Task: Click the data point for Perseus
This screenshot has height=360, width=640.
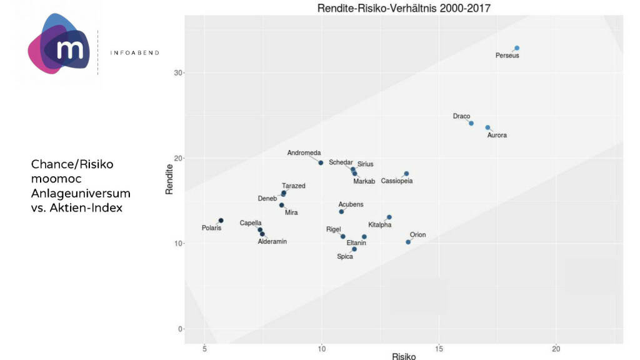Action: click(x=517, y=48)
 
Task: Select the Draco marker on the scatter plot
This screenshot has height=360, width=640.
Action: click(x=471, y=123)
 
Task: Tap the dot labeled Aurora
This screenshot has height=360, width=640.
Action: click(x=487, y=127)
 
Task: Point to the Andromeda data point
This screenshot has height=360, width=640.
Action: click(x=321, y=162)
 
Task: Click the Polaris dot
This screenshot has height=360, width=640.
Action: click(x=221, y=221)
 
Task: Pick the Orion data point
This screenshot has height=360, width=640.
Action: click(x=408, y=242)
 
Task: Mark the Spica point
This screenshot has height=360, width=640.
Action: click(x=354, y=249)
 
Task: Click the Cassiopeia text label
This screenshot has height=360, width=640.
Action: click(x=396, y=181)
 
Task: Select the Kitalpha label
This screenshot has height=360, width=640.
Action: click(x=380, y=224)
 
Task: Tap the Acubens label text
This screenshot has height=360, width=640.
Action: click(x=351, y=204)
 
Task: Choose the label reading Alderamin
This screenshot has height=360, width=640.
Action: click(x=272, y=241)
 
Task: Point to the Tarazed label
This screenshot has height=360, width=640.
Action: click(x=294, y=186)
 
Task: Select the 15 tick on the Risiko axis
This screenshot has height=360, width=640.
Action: click(x=439, y=348)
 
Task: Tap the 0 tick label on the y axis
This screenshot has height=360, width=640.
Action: click(x=180, y=329)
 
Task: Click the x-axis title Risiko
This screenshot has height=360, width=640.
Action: click(x=404, y=356)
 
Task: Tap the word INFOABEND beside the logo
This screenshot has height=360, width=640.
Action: click(x=135, y=52)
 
